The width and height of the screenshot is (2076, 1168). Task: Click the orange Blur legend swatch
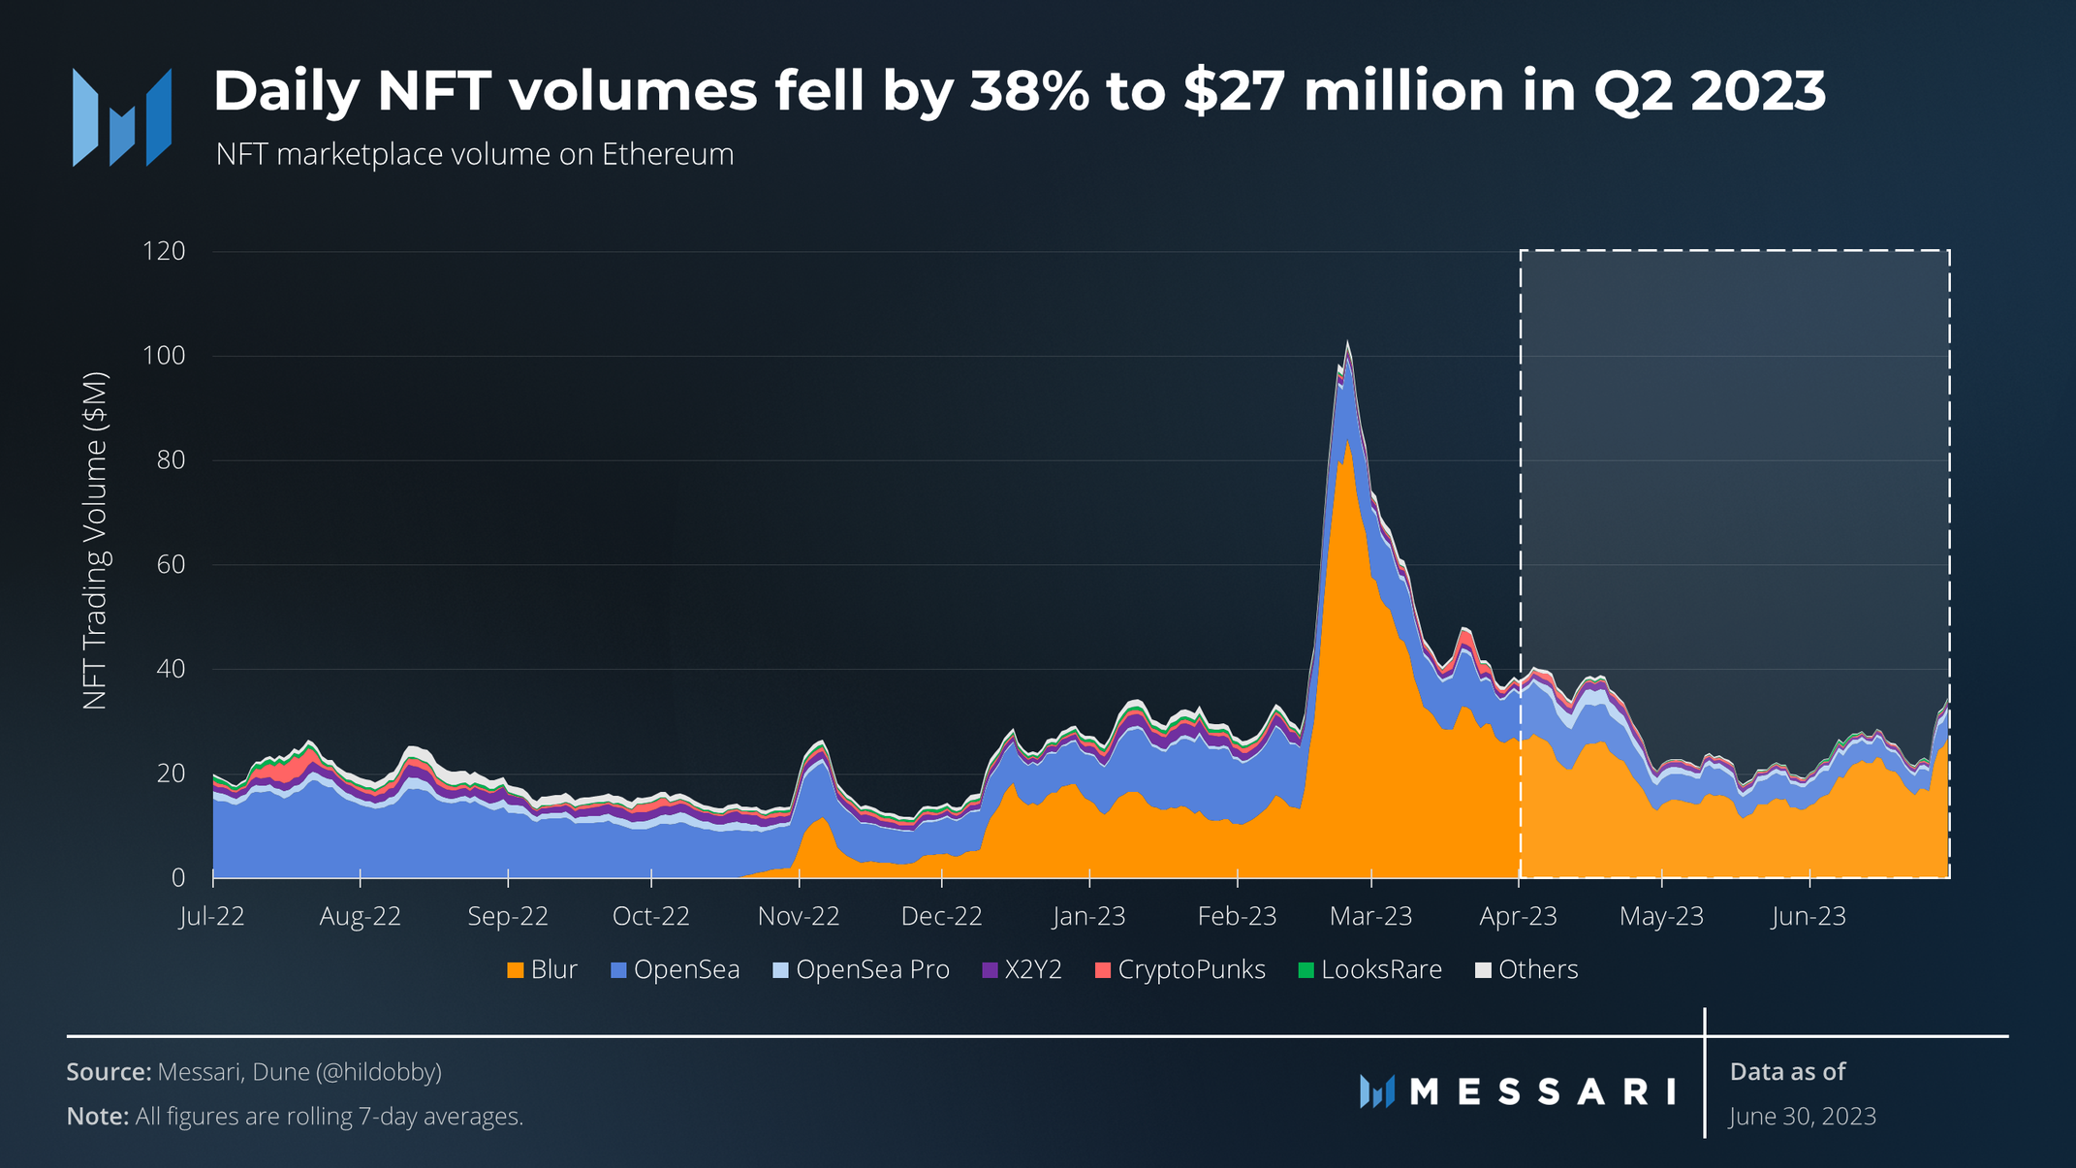pos(516,970)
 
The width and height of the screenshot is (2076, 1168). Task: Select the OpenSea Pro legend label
pos(871,970)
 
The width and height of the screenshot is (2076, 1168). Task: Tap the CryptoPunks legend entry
pos(1190,970)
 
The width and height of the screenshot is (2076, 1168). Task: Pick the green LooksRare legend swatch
pos(1305,970)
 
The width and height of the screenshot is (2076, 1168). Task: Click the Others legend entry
pos(1537,970)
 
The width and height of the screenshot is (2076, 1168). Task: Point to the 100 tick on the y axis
pos(163,356)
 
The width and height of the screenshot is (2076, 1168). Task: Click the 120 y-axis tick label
pos(163,251)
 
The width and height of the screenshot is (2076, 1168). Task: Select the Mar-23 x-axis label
pos(1370,916)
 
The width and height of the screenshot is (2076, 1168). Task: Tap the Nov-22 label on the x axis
pos(799,916)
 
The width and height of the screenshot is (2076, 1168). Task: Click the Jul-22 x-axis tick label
pos(212,916)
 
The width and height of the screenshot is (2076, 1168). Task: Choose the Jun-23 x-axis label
pos(1809,916)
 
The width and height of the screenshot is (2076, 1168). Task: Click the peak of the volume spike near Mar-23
pos(1347,343)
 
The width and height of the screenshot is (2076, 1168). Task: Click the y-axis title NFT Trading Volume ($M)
pos(95,541)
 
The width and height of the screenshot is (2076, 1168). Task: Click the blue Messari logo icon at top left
pos(122,117)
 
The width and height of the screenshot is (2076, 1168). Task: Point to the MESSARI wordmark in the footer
pos(1541,1092)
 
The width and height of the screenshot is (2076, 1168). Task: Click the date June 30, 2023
pos(1803,1117)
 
